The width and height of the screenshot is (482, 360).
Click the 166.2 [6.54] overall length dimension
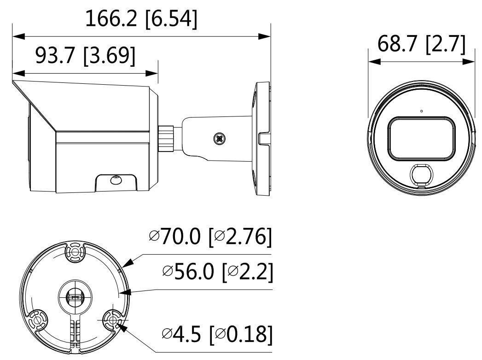pyautogui.click(x=141, y=20)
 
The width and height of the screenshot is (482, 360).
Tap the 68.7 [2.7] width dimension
pyautogui.click(x=421, y=44)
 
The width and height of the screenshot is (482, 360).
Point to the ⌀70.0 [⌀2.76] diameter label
pyautogui.click(x=210, y=237)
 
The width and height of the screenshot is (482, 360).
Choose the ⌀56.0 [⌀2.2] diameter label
pyautogui.click(x=217, y=272)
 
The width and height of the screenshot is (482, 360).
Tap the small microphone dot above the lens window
pyautogui.click(x=421, y=111)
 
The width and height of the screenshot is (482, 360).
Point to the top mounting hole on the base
pyautogui.click(x=74, y=251)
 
